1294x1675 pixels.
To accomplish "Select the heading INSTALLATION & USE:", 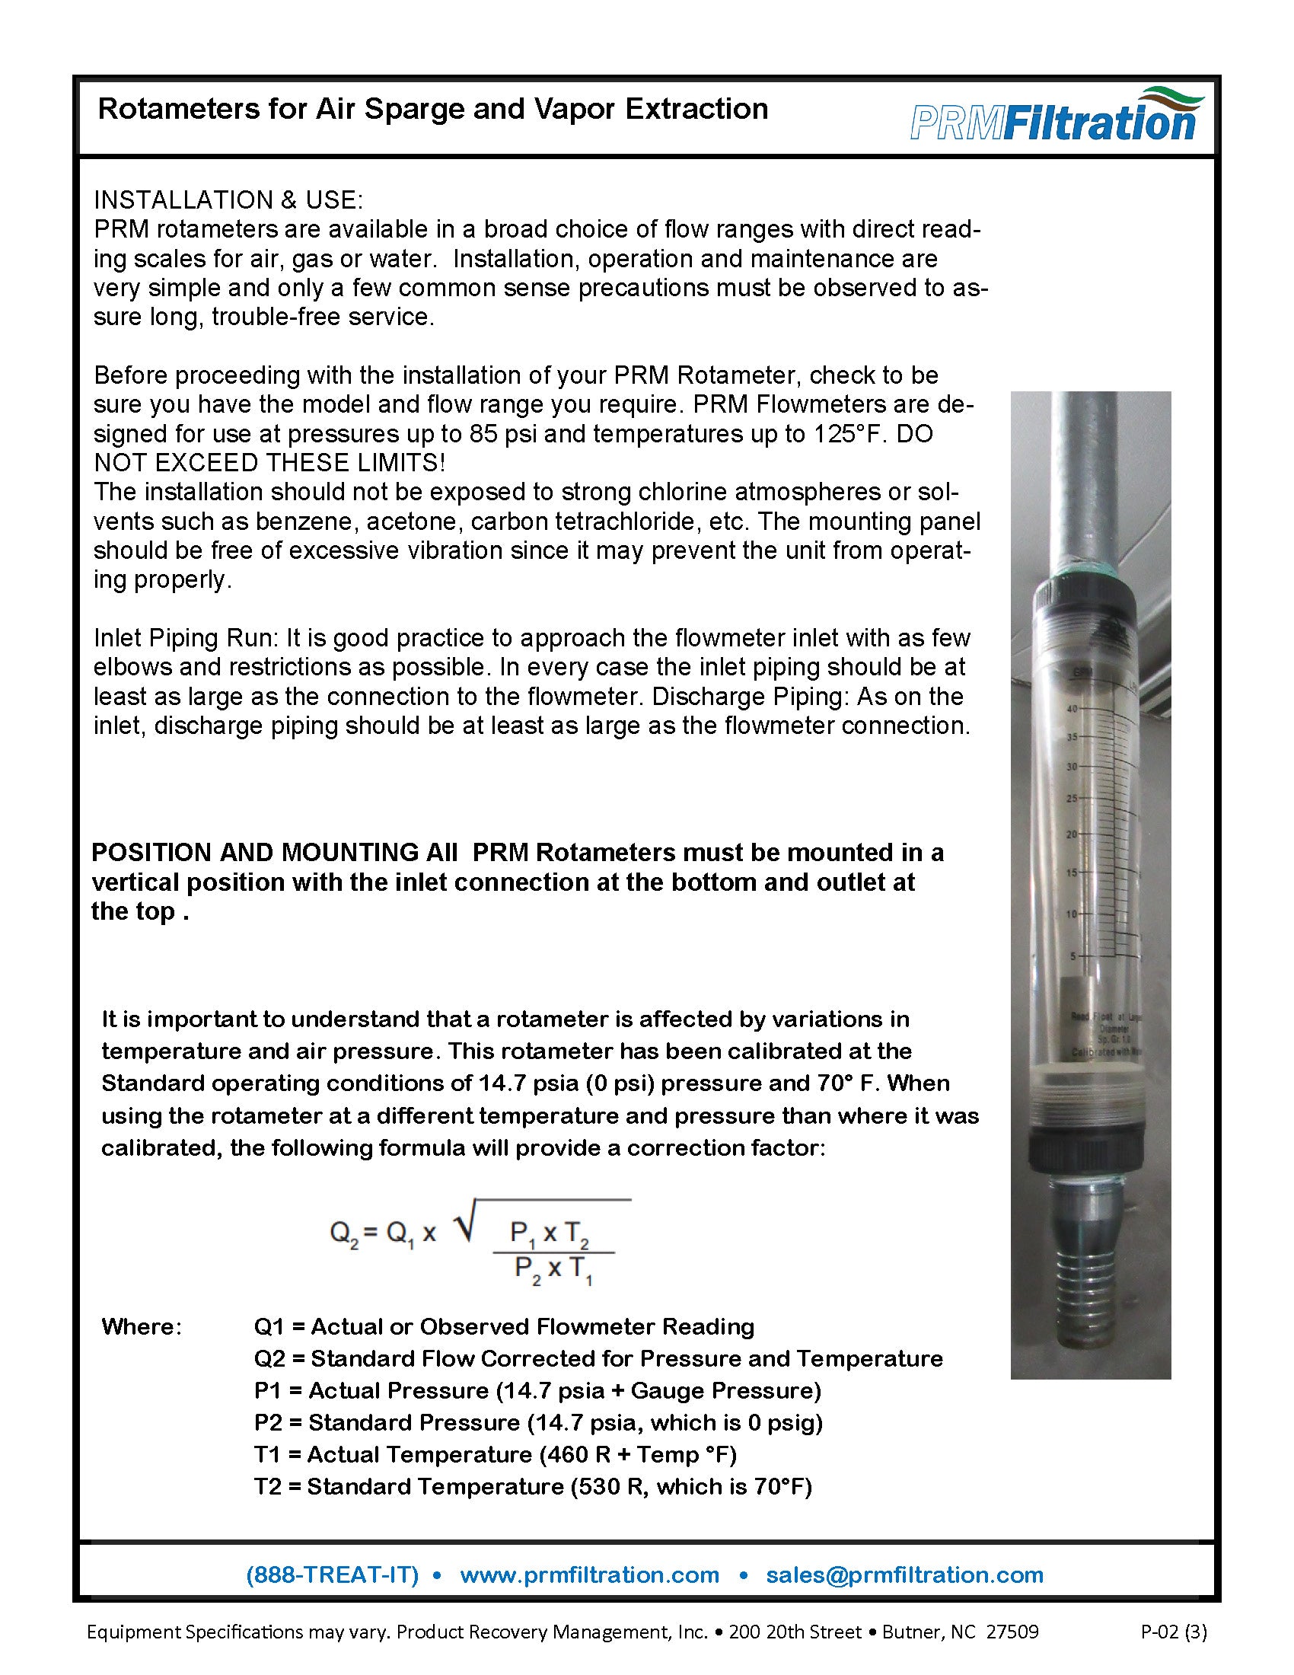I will click(x=228, y=199).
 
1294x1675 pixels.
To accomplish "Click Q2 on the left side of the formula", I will click(x=343, y=1233).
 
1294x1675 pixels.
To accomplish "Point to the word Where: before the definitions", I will click(x=142, y=1326).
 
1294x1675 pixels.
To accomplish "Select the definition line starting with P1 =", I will click(x=537, y=1390).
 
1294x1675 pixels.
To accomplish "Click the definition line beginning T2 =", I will click(x=532, y=1486).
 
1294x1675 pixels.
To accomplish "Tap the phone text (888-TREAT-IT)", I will click(x=332, y=1574).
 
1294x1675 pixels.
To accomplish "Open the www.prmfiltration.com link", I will click(x=588, y=1574).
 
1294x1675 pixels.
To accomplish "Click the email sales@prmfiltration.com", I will click(x=904, y=1574).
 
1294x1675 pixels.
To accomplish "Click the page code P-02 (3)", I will click(x=1174, y=1632).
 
